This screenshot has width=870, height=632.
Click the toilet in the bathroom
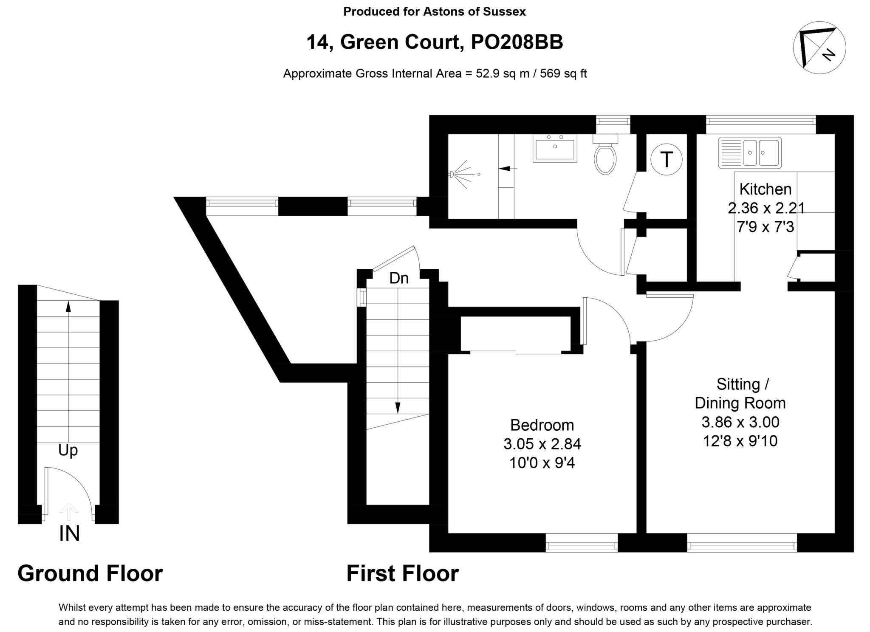click(x=605, y=157)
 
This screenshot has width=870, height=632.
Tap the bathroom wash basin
click(x=555, y=149)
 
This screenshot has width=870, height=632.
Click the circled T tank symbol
click(x=666, y=160)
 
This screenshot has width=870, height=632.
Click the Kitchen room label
click(x=765, y=189)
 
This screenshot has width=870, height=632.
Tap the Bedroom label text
click(x=542, y=425)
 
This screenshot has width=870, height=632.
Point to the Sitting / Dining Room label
click(x=740, y=393)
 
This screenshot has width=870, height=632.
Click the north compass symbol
click(x=819, y=48)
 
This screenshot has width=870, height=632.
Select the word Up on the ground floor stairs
click(x=68, y=450)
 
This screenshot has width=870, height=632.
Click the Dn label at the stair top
click(x=399, y=278)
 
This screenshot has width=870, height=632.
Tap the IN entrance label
click(x=69, y=534)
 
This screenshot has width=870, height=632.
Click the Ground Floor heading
click(x=90, y=573)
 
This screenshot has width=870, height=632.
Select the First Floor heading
click(x=402, y=573)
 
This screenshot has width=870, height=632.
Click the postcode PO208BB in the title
click(x=517, y=42)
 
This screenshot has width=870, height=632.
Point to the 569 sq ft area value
click(x=563, y=73)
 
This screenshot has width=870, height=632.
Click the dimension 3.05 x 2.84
click(x=542, y=444)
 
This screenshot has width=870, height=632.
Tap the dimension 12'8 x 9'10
click(x=740, y=441)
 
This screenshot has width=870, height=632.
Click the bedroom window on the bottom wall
click(x=581, y=542)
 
